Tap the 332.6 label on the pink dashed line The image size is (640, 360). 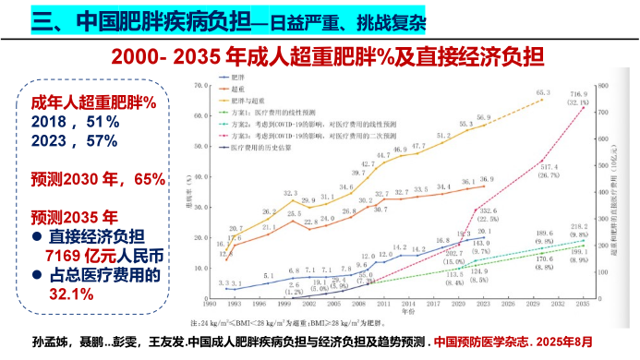pyautogui.click(x=488, y=211)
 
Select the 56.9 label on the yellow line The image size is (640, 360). pyautogui.click(x=485, y=118)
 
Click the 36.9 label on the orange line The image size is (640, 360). pyautogui.click(x=485, y=179)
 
